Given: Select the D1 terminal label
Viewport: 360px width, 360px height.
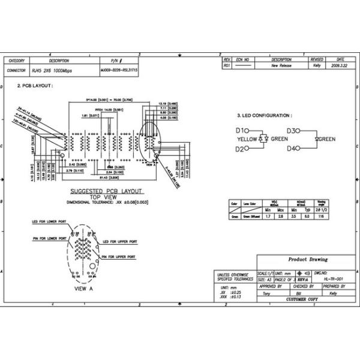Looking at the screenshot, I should pyautogui.click(x=241, y=131).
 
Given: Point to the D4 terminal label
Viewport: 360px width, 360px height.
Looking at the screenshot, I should pyautogui.click(x=292, y=148).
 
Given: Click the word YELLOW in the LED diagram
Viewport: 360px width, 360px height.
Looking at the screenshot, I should pyautogui.click(x=247, y=139).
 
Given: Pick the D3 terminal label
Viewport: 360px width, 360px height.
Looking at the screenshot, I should pyautogui.click(x=292, y=131).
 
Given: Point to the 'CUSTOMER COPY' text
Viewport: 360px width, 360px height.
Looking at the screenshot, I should pyautogui.click(x=304, y=299).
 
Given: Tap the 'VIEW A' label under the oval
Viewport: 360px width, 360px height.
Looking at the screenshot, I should pyautogui.click(x=83, y=289).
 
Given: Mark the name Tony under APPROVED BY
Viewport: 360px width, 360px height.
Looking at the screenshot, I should pyautogui.click(x=266, y=293).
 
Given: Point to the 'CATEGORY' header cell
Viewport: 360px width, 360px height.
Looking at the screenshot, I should pyautogui.click(x=16, y=61).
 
